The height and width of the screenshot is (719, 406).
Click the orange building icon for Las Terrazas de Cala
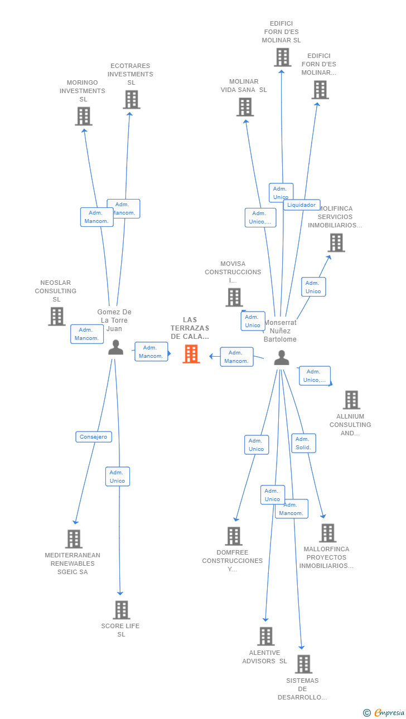191,354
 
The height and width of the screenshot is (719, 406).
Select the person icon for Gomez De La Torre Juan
115,347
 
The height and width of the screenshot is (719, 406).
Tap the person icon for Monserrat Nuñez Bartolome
282,358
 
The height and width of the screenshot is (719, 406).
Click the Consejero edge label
94,437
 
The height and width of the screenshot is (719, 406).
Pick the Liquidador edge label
302,205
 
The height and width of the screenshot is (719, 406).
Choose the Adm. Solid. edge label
303,443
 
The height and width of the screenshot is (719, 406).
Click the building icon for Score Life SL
122,610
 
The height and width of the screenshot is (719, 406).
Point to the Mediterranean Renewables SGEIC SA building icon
74,539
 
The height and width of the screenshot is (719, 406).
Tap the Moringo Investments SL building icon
84,116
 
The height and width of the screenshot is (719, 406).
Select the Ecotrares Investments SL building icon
132,100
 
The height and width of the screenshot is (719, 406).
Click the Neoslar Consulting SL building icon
57,317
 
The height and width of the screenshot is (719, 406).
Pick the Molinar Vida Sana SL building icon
245,107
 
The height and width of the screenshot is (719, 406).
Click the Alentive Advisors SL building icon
266,636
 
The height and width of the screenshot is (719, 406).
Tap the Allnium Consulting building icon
351,400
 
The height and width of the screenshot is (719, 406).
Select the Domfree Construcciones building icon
234,536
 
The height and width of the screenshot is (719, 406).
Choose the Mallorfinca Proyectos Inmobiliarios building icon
328,533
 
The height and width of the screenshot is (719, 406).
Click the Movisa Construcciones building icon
234,297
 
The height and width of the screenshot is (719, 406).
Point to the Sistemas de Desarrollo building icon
303,664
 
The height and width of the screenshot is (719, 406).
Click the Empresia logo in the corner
384,712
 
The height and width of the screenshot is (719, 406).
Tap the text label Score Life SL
120,630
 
